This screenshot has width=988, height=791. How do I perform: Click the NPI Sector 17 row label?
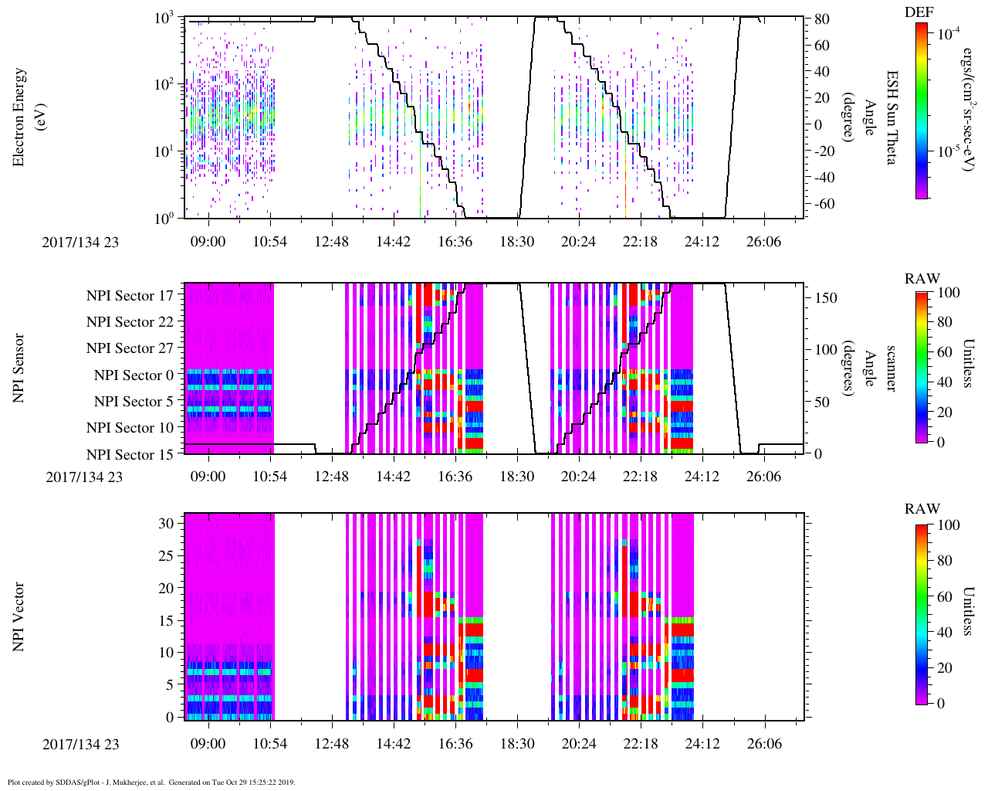tap(130, 296)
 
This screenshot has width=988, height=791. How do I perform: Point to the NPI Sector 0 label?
tap(134, 375)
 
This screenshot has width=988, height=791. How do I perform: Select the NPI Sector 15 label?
tap(130, 455)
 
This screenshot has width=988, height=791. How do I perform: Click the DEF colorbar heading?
tap(919, 12)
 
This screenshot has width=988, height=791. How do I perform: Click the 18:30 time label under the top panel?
tap(516, 242)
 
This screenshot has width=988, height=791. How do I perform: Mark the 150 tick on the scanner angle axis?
tap(827, 298)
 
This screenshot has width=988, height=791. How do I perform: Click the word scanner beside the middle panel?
tap(891, 368)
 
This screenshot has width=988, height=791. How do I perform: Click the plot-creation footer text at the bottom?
tap(151, 782)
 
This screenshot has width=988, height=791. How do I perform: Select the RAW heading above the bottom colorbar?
tap(922, 509)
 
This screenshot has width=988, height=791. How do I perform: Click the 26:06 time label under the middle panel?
tap(763, 477)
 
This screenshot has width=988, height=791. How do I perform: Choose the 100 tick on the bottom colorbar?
tap(948, 525)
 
